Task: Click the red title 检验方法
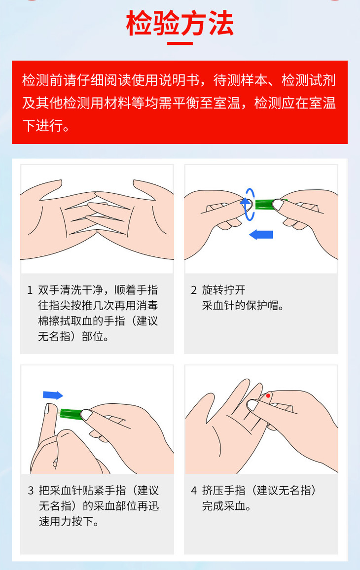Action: click(180, 23)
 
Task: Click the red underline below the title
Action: click(180, 43)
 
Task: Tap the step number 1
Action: click(30, 290)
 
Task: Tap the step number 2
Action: click(194, 290)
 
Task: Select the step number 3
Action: click(31, 491)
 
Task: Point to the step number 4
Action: click(194, 491)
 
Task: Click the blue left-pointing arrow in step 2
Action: click(261, 235)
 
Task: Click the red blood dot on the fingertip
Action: click(268, 395)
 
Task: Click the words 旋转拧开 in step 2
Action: click(223, 290)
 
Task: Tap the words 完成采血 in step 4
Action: click(223, 506)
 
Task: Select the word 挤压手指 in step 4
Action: click(223, 491)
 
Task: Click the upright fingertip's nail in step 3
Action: click(46, 408)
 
